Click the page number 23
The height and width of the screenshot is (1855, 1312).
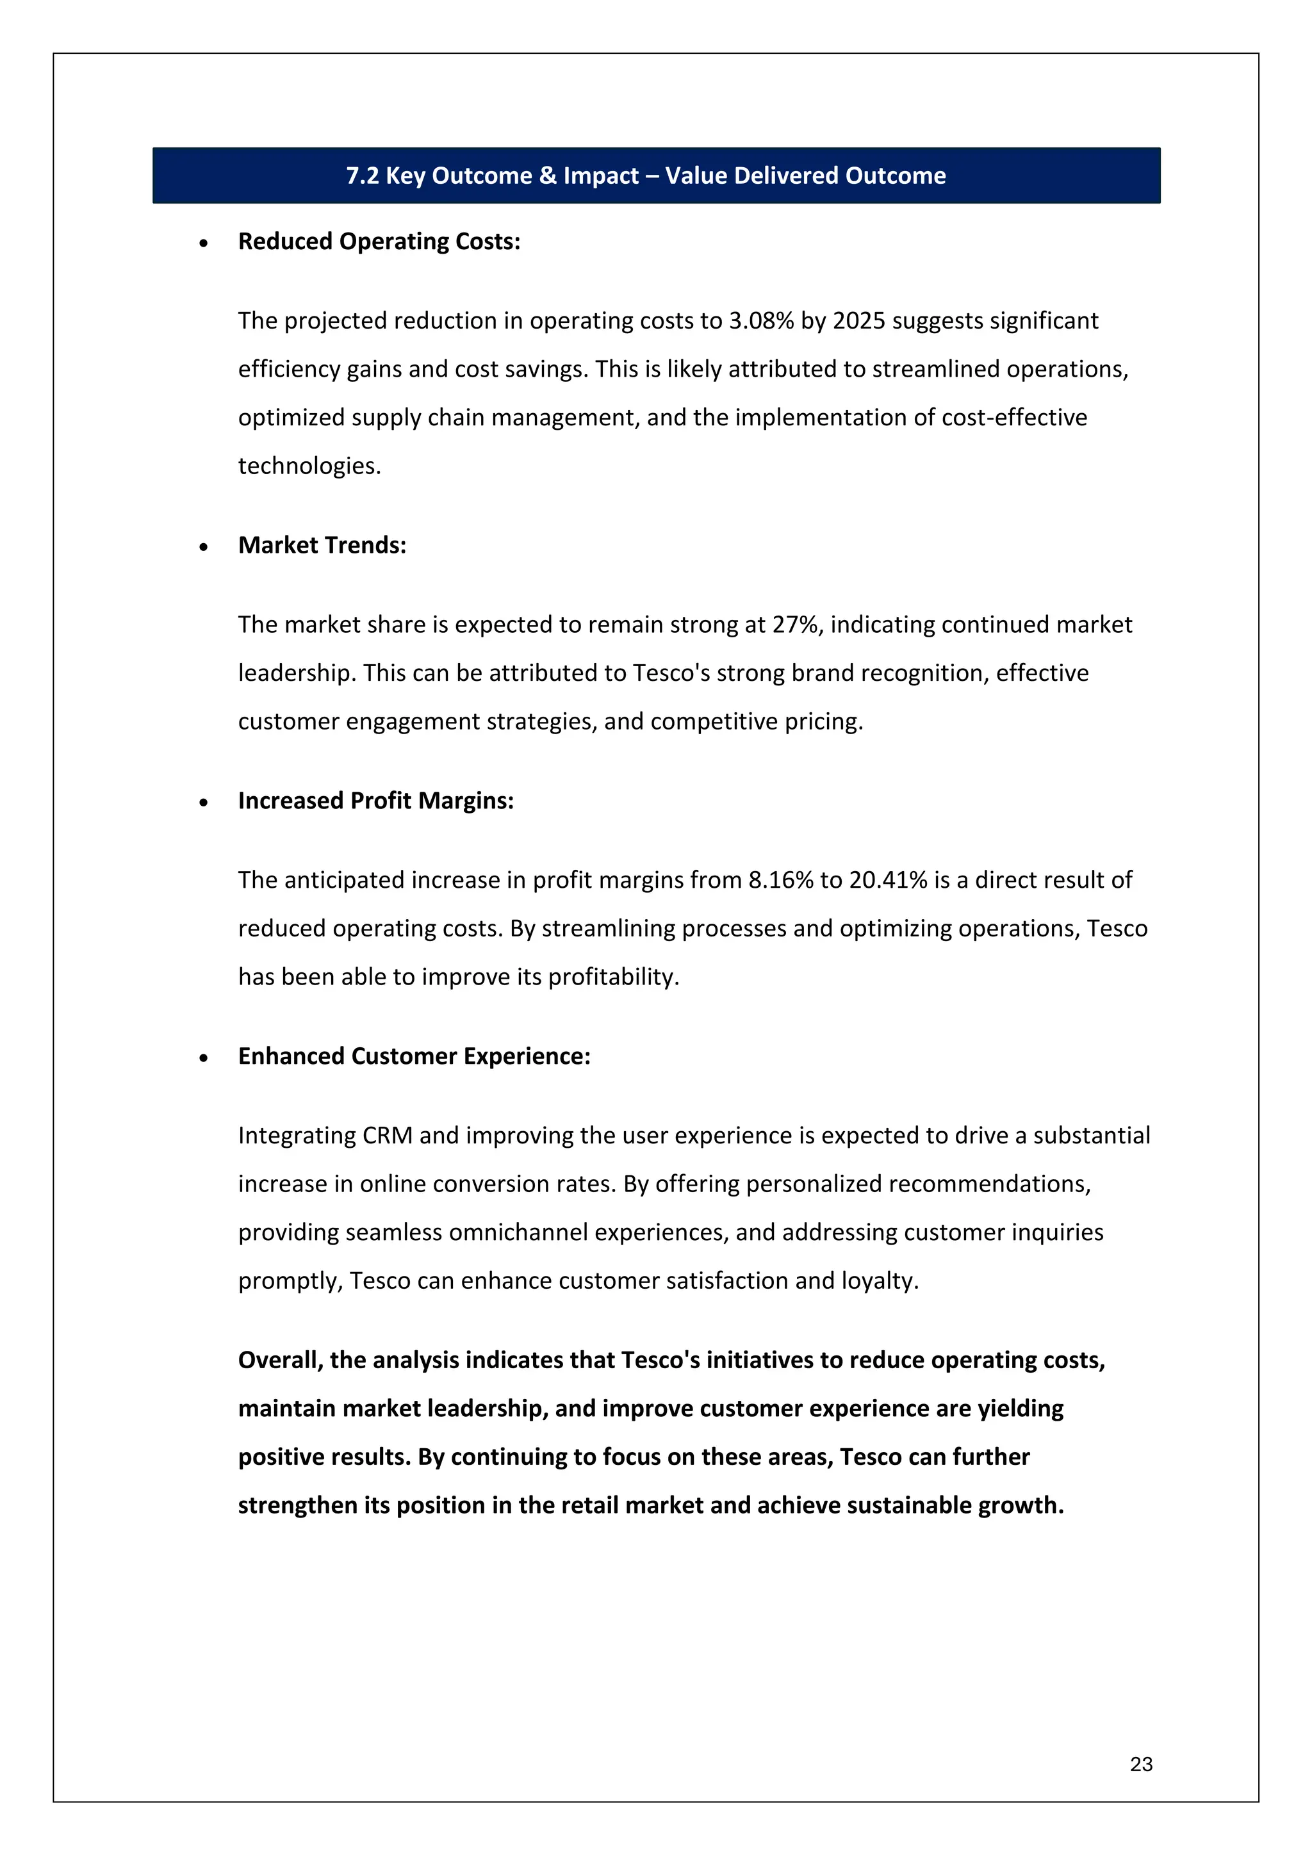[1141, 1763]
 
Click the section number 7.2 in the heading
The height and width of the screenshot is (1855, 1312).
[362, 176]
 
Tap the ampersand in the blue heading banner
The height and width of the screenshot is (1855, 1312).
[548, 176]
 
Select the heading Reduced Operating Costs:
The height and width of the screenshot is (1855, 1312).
[379, 241]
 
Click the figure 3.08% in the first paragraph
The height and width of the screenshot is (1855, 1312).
[761, 321]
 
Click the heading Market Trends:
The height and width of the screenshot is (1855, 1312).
[322, 545]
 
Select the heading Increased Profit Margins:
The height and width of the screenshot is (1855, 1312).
[375, 801]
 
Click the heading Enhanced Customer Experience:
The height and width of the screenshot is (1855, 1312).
[414, 1057]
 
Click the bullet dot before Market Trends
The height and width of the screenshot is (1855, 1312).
[204, 547]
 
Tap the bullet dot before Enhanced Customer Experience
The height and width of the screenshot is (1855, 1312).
[204, 1058]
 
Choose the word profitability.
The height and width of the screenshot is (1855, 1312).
[612, 977]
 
